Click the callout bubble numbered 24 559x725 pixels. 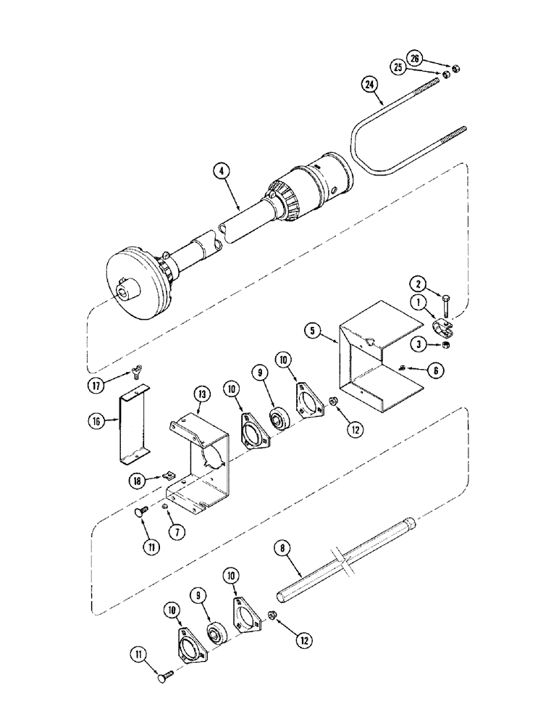point(370,85)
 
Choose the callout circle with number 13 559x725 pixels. point(200,394)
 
